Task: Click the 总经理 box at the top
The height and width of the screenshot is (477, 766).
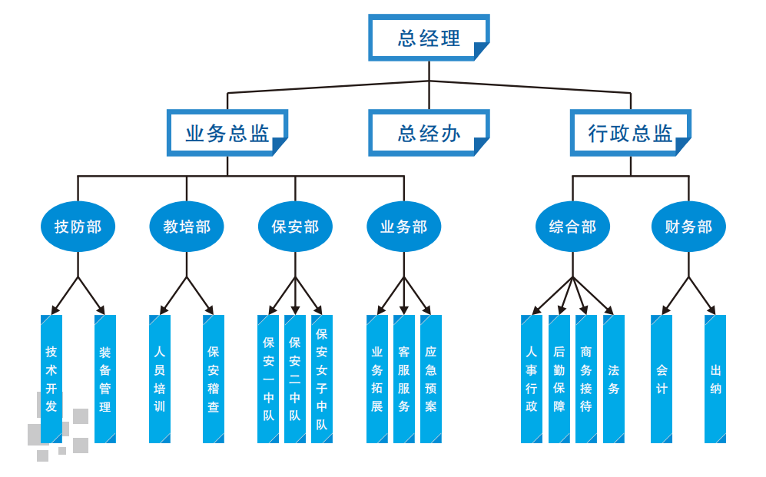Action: pos(429,38)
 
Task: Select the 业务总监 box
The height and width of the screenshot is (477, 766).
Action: pos(227,133)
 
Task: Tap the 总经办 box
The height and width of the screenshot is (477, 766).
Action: pos(429,133)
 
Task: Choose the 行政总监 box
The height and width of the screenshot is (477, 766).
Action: pos(630,133)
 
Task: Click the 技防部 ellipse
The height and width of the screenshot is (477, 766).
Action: pos(78,227)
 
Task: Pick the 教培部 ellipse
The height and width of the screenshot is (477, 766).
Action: pos(187,227)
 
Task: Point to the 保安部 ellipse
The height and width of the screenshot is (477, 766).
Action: pos(295,227)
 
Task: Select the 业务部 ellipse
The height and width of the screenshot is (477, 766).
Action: pos(404,227)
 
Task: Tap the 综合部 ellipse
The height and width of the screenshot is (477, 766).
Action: pos(572,227)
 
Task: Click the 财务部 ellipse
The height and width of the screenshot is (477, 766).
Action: pos(688,227)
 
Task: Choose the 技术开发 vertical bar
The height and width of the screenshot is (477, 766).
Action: pos(51,379)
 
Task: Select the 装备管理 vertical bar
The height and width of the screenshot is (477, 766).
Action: pos(105,379)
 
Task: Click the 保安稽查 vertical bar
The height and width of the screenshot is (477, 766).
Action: pos(214,379)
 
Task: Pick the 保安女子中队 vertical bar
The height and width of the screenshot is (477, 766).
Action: pos(322,379)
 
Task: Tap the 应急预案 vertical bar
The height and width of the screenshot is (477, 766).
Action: pos(431,379)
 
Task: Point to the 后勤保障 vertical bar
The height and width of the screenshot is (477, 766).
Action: pos(559,379)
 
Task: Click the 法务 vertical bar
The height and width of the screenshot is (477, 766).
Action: pos(613,379)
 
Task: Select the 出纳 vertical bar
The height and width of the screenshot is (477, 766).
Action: pos(715,379)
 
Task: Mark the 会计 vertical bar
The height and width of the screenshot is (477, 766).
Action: pos(662,379)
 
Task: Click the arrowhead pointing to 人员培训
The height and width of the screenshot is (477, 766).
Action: pos(164,310)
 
